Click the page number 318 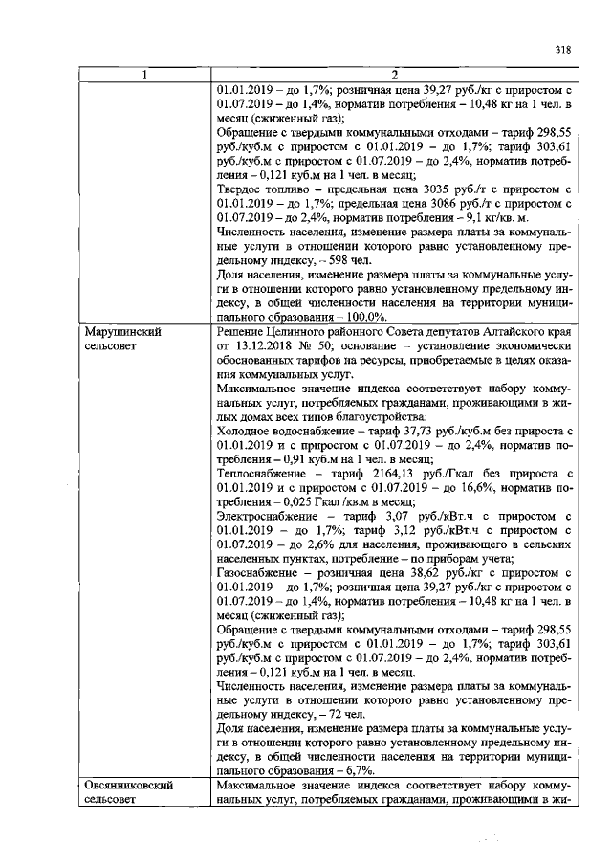click(x=560, y=51)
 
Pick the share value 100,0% click(x=360, y=316)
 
